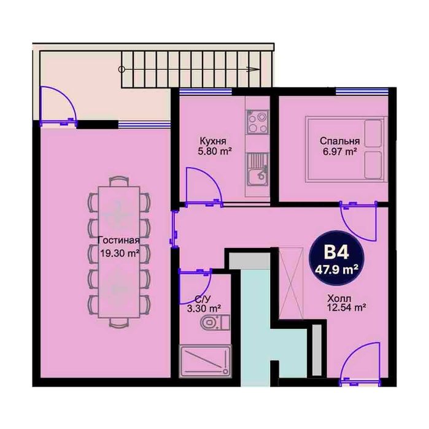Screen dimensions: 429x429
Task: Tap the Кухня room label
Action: (x=213, y=141)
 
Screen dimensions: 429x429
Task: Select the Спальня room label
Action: (x=339, y=141)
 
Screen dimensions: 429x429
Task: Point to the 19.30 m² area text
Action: (x=120, y=253)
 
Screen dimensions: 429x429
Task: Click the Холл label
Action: (x=339, y=298)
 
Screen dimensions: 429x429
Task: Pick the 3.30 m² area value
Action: (x=204, y=309)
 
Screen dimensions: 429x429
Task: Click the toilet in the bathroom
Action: (x=215, y=323)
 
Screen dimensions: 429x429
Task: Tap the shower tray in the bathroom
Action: (x=205, y=361)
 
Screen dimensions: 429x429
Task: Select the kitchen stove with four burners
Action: (x=257, y=122)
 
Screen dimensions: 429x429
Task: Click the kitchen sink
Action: (x=257, y=169)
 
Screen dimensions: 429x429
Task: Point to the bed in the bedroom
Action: (x=346, y=149)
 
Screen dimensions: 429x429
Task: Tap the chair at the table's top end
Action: (x=118, y=182)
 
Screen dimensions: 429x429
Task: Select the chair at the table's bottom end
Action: (x=118, y=323)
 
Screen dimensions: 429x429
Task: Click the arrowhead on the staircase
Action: (x=253, y=69)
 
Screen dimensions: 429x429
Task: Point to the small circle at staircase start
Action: (x=122, y=69)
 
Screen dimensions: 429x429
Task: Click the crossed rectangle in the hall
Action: (x=291, y=283)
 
